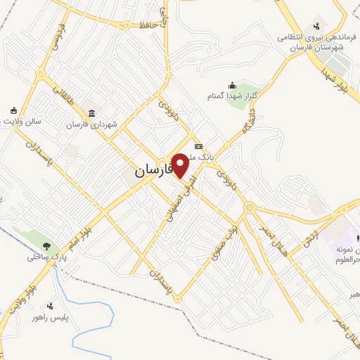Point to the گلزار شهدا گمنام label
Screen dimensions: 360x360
(x=229, y=95)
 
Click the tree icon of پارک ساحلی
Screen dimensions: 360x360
(x=47, y=245)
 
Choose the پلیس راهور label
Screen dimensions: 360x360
(x=49, y=317)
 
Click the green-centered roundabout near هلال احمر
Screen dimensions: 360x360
(x=249, y=207)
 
